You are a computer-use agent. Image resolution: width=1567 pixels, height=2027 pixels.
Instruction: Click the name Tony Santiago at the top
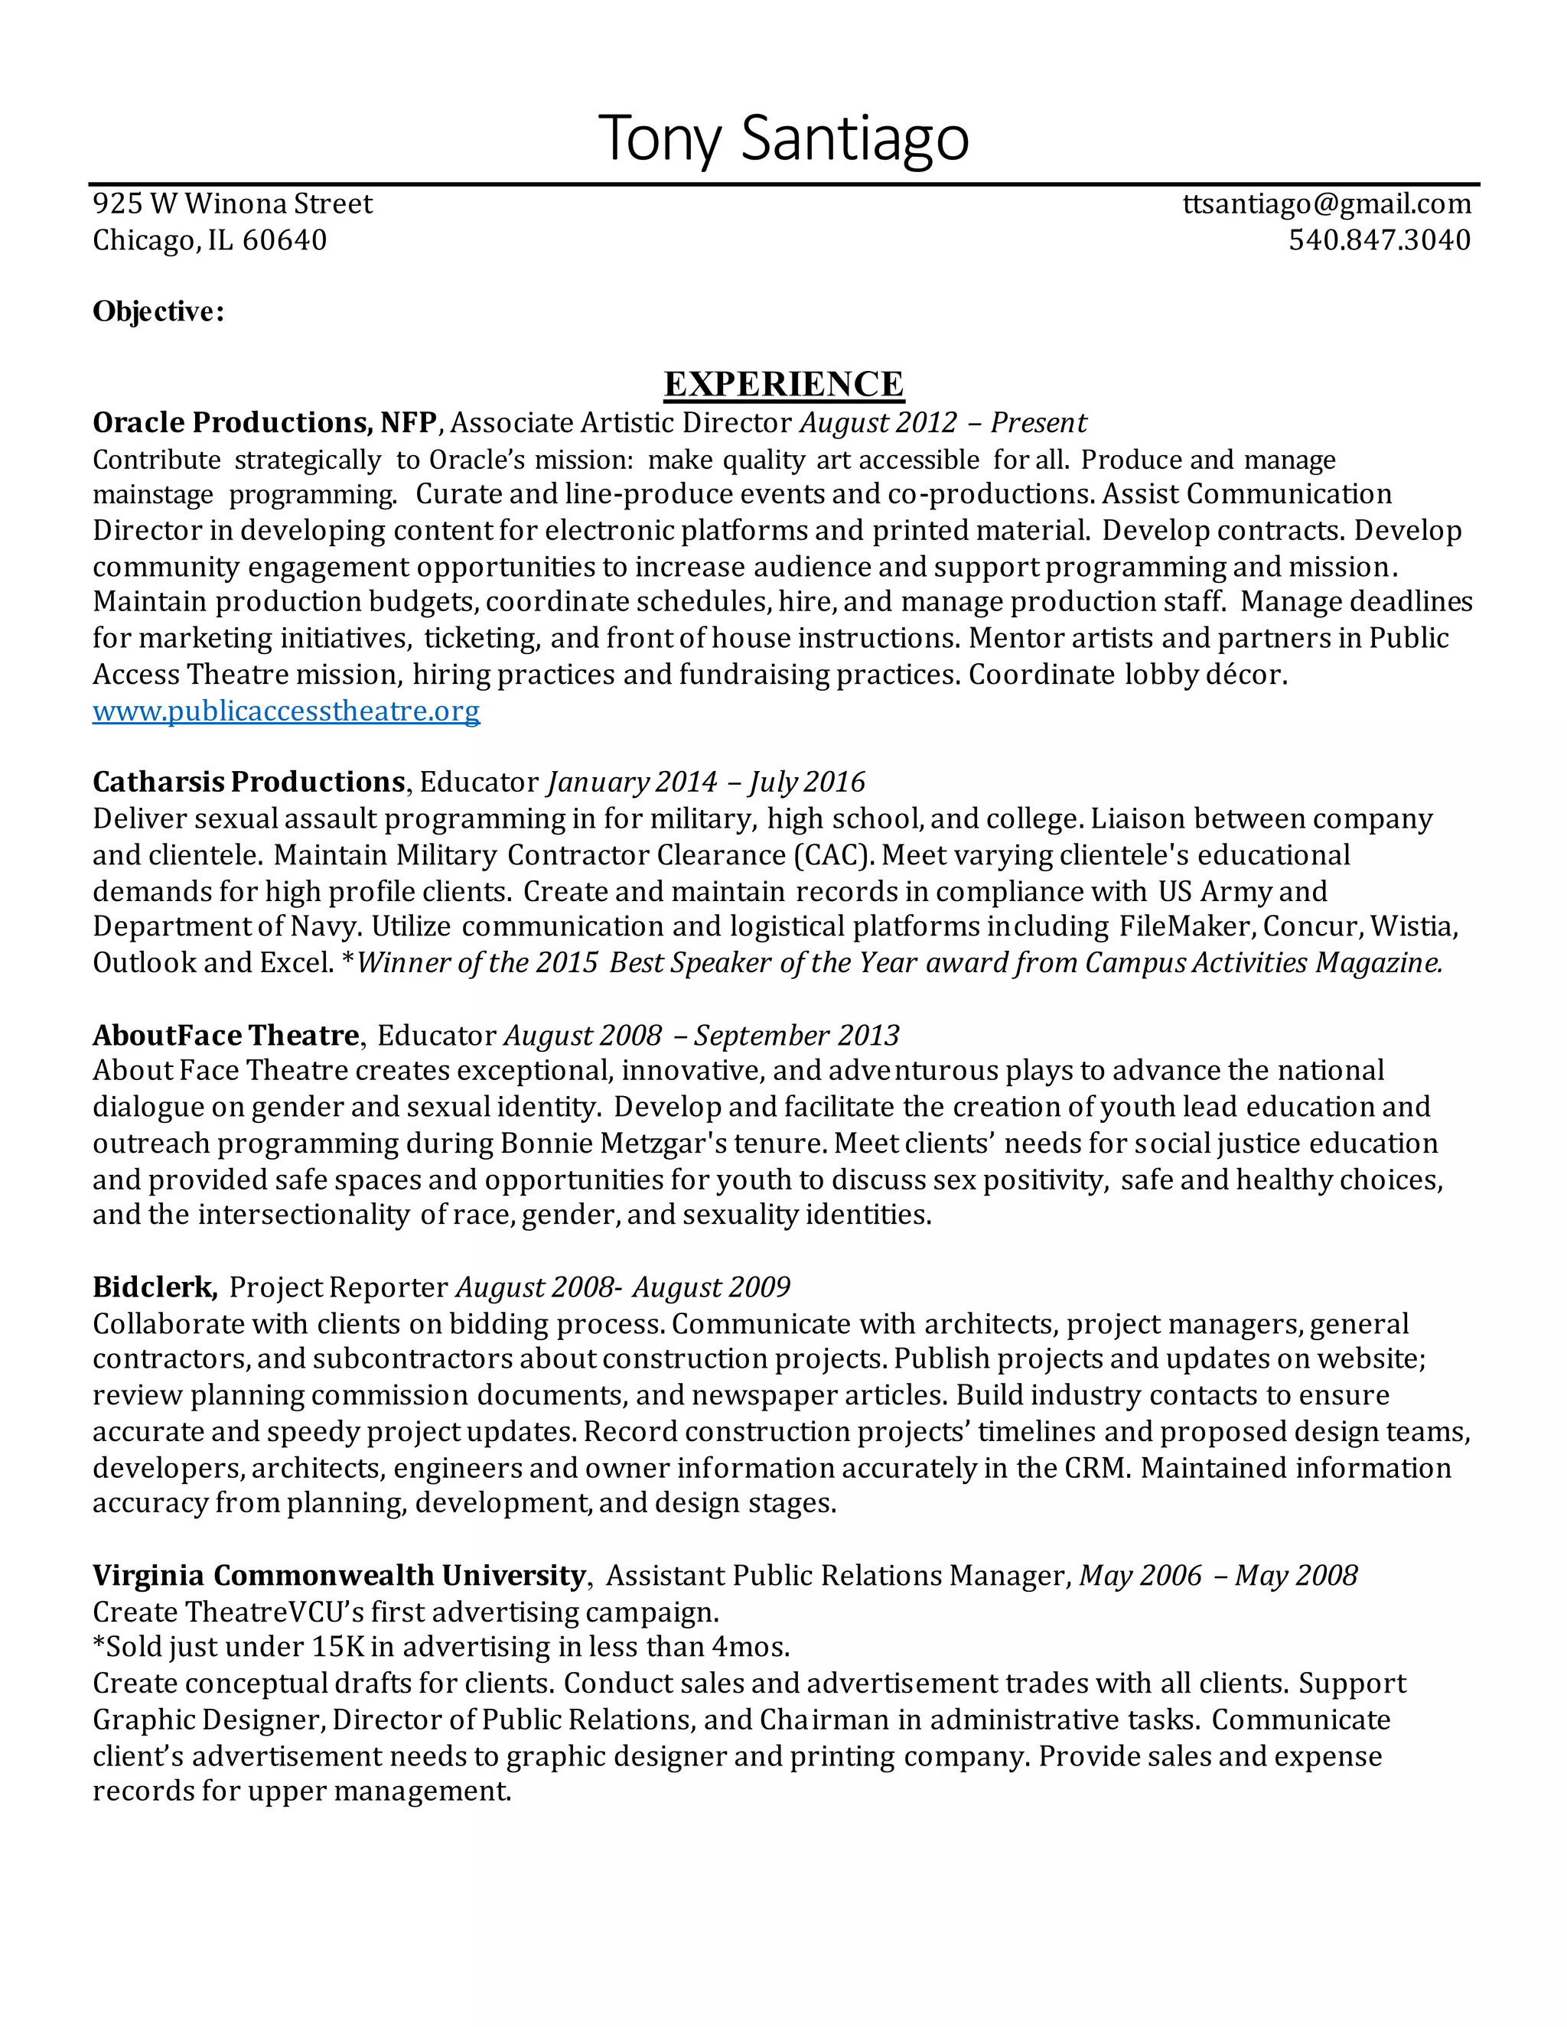click(783, 138)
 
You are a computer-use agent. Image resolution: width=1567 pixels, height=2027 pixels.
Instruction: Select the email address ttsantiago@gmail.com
click(1327, 204)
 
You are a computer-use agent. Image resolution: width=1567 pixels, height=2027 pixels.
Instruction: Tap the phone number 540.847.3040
click(1380, 240)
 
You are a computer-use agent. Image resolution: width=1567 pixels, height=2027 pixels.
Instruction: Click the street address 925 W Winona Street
click(232, 204)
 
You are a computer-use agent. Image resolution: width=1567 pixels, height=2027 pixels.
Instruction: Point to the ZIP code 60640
click(284, 240)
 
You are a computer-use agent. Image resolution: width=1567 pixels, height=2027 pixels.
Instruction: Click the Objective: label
click(158, 312)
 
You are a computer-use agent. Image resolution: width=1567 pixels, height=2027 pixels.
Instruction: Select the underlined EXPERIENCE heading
click(783, 384)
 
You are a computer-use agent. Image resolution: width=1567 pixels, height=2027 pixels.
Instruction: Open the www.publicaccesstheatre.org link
click(286, 711)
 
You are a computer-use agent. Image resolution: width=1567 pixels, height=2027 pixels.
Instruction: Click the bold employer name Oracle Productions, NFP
click(265, 423)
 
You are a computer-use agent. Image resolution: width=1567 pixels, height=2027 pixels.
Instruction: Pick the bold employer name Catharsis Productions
click(249, 782)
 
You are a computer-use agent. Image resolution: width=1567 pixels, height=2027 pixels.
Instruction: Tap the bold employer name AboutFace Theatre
click(226, 1036)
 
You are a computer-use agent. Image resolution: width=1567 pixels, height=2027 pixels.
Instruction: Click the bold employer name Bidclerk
click(154, 1287)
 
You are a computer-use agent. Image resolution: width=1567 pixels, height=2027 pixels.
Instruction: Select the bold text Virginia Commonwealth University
click(339, 1576)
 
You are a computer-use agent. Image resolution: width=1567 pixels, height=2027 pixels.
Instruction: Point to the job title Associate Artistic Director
click(621, 423)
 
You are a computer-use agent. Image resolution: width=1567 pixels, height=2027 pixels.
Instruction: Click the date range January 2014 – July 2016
click(706, 782)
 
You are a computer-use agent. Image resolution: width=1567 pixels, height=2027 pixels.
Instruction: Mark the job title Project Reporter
click(339, 1287)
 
